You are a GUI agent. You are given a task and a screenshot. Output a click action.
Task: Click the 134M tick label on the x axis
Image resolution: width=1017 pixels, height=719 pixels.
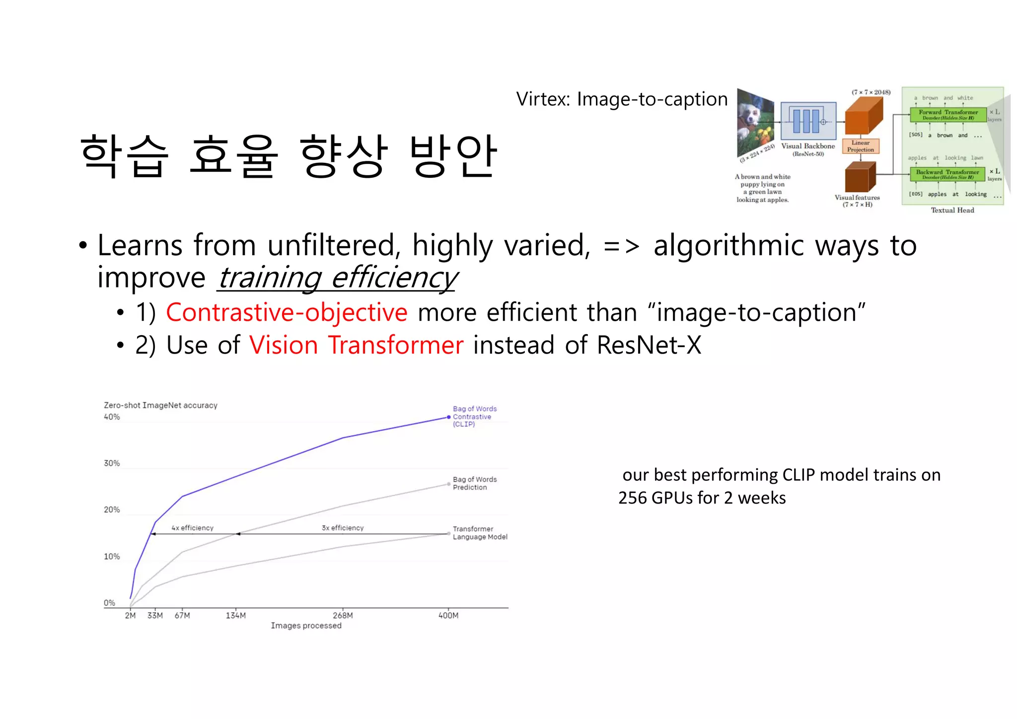235,615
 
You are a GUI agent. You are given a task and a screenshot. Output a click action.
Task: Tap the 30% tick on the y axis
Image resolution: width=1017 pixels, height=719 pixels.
112,463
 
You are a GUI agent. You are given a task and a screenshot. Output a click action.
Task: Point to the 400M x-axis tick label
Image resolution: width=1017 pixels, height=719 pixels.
448,615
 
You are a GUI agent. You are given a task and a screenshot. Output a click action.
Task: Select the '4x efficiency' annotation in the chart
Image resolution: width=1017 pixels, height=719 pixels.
192,528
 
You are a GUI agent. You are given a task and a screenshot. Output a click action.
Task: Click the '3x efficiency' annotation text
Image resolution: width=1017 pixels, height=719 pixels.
343,528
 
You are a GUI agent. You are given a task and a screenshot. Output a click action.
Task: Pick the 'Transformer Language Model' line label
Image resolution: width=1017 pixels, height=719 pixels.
480,533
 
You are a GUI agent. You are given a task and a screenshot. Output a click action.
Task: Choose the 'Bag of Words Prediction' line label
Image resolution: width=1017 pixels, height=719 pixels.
474,483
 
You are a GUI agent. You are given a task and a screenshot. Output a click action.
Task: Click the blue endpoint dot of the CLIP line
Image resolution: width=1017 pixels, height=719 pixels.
449,417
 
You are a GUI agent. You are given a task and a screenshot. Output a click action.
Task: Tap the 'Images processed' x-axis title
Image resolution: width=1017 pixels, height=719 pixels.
306,626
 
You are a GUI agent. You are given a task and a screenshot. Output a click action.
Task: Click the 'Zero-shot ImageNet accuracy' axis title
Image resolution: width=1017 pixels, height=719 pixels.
160,405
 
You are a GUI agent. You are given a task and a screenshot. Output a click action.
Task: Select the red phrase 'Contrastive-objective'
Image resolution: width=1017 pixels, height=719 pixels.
287,312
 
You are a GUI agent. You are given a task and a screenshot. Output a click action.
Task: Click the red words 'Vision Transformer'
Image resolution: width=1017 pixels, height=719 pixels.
356,345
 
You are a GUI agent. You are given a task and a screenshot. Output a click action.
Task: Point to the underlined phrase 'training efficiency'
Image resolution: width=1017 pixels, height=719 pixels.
338,278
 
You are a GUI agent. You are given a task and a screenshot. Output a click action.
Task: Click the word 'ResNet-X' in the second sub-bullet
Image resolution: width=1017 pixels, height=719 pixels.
649,345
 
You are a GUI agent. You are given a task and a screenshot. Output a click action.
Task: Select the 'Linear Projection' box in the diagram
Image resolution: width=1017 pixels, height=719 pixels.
861,146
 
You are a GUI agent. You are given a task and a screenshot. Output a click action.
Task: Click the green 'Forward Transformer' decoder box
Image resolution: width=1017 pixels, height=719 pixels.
948,115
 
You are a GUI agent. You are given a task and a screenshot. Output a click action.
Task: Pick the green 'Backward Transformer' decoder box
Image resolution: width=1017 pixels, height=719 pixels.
947,174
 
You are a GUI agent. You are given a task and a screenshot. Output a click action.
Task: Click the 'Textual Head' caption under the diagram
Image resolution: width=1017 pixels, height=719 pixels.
952,210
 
